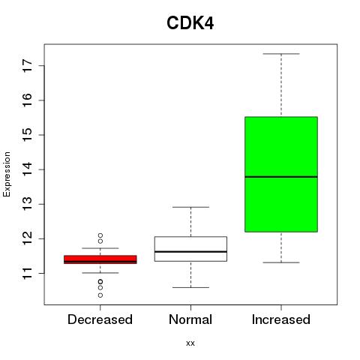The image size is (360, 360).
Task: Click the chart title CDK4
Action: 190,23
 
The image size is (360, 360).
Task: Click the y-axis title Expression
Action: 7,174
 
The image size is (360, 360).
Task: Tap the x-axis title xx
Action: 190,343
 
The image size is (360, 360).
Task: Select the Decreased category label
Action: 100,319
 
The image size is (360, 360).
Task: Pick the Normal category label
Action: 190,319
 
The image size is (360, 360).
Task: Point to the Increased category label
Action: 281,319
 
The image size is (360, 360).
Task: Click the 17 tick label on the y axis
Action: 28,66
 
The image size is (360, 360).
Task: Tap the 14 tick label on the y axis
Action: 28,169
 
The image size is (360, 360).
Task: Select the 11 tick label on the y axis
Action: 28,273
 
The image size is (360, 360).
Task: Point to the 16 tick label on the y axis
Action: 28,100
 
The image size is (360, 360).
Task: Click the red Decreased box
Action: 100,259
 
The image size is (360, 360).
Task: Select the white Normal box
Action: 190,249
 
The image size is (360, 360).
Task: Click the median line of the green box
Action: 281,177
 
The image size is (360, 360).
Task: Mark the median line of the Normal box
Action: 190,251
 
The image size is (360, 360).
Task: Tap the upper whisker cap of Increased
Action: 281,54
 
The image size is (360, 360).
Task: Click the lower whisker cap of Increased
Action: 281,262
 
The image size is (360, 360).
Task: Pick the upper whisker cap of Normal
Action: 190,207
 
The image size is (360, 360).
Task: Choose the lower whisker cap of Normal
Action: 190,287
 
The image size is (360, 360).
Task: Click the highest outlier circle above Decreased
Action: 100,235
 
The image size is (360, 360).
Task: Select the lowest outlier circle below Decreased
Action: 100,295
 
